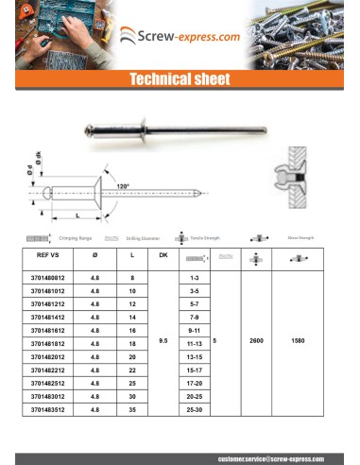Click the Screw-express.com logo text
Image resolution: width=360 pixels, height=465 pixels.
pyautogui.click(x=188, y=39)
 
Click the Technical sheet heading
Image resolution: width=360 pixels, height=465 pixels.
pyautogui.click(x=180, y=80)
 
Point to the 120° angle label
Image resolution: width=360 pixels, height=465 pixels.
pyautogui.click(x=123, y=186)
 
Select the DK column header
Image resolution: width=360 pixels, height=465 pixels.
pyautogui.click(x=163, y=254)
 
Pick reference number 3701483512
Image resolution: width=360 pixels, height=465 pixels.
pyautogui.click(x=48, y=412)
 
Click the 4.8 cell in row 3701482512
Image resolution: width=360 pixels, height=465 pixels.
pyautogui.click(x=94, y=386)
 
